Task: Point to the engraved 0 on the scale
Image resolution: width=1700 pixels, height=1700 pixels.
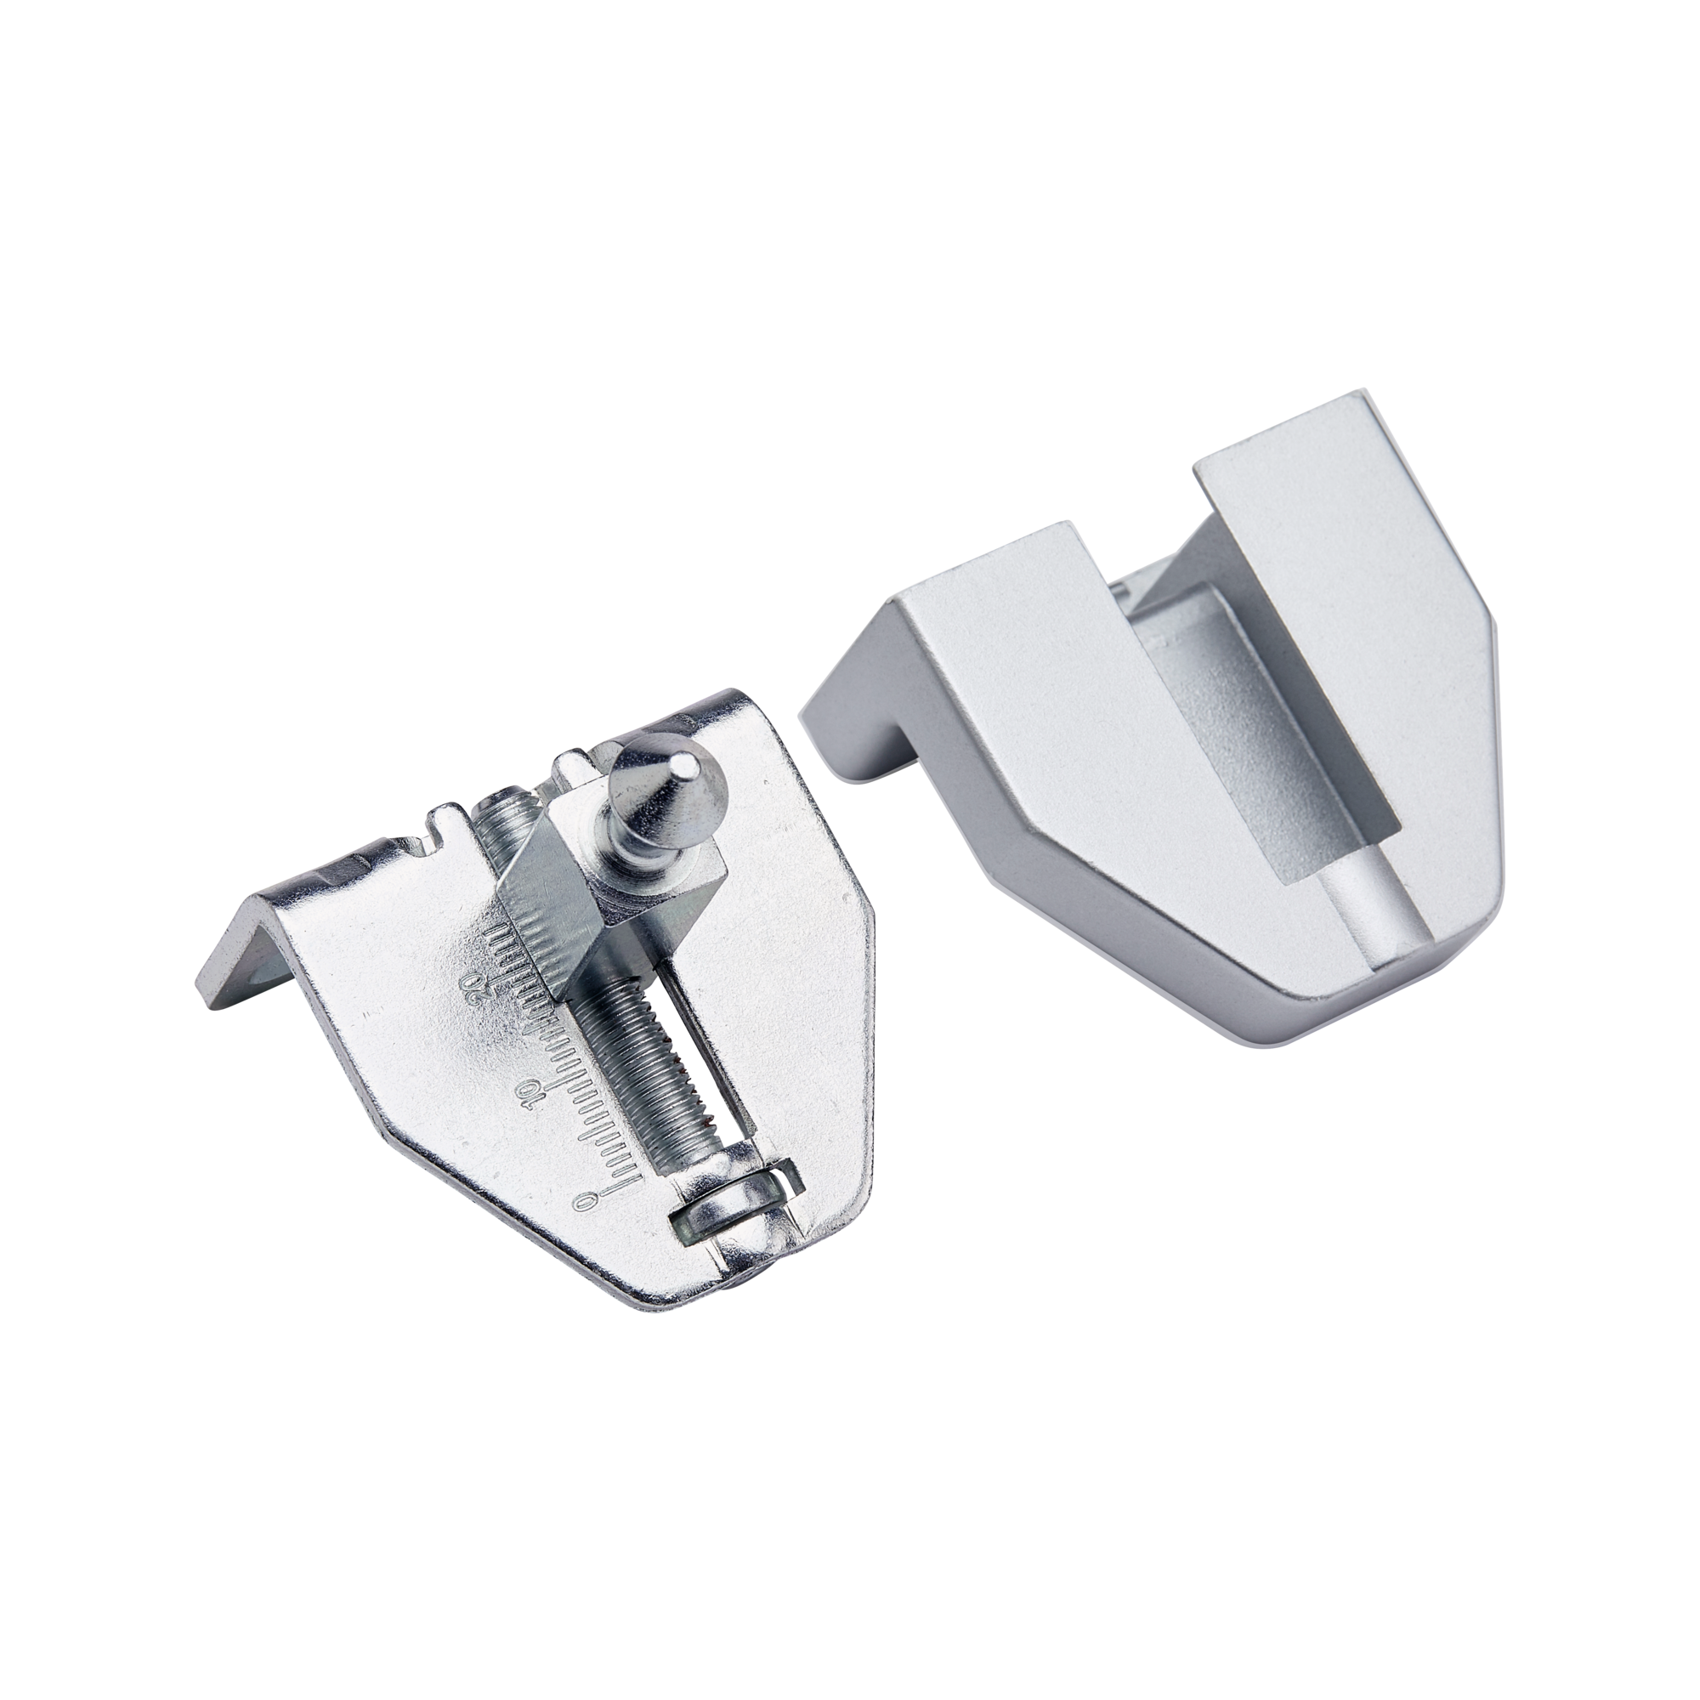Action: (580, 1198)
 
